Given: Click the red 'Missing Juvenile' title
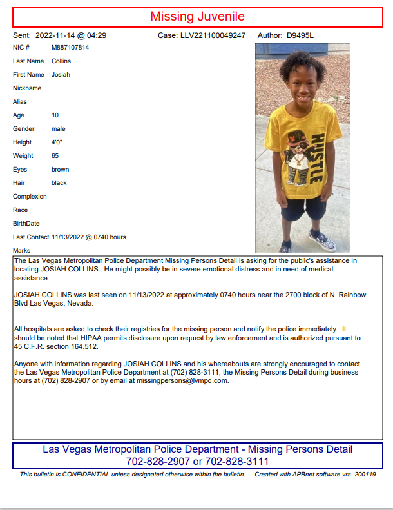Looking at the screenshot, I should point(197,17).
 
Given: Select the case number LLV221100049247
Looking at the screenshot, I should point(213,35).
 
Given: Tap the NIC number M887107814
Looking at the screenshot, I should point(70,48).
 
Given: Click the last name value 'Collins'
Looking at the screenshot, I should point(61,61).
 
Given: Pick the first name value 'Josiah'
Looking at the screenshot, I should point(61,75).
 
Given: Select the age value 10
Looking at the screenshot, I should point(55,115).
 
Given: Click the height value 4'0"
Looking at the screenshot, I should point(57,142).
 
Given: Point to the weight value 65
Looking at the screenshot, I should point(55,156).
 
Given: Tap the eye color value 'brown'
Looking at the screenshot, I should point(60,170).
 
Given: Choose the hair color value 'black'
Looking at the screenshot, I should point(59,183).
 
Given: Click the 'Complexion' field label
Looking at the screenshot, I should point(30,197).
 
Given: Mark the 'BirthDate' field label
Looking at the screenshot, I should point(26,224).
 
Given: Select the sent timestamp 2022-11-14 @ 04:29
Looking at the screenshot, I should point(71,35).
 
